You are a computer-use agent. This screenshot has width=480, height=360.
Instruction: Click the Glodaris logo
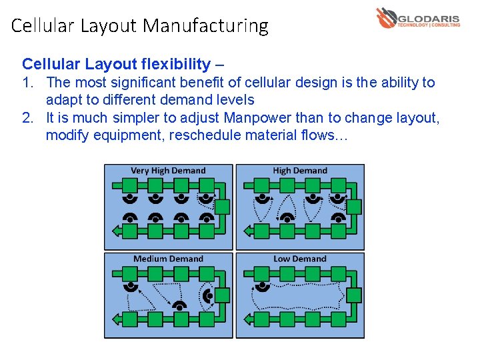417,18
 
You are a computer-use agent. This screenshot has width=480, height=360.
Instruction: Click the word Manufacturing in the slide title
205,26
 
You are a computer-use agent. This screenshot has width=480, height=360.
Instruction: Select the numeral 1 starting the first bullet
27,83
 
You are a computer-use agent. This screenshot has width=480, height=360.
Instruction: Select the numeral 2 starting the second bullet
27,118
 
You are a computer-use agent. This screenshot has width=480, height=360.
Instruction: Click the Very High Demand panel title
168,171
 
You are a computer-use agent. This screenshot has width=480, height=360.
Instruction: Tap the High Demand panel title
300,171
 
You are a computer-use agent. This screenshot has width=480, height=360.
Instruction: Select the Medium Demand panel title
168,259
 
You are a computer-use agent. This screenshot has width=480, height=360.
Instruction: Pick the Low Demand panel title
300,259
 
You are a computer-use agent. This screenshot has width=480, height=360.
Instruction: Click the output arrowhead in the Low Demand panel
247,319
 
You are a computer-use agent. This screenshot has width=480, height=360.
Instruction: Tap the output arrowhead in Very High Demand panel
116,231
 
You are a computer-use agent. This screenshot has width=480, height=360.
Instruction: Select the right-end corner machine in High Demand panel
355,207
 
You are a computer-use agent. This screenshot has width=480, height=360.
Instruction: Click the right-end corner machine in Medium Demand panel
223,295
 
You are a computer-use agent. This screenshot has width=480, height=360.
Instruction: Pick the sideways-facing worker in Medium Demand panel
209,295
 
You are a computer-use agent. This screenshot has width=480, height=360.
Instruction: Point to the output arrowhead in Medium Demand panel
116,319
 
